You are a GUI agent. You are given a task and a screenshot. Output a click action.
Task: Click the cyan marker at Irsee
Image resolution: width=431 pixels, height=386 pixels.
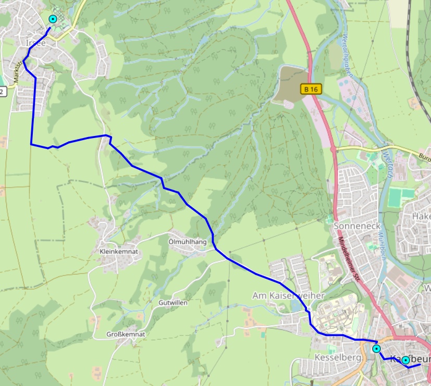click(x=53, y=19)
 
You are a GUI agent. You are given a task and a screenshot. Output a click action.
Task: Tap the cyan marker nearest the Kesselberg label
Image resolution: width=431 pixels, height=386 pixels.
click(x=376, y=348)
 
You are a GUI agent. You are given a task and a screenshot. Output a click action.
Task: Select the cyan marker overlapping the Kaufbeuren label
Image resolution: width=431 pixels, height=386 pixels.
click(x=405, y=360)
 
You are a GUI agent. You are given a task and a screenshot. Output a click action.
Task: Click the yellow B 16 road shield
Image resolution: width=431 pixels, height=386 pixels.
click(x=311, y=89)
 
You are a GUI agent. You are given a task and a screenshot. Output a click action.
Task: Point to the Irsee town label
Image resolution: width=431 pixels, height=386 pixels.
click(x=35, y=43)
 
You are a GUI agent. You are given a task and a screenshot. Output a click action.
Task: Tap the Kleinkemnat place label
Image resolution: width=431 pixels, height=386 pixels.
click(x=118, y=252)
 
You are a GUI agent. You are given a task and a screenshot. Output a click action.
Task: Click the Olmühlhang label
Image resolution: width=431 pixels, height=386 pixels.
click(x=188, y=242)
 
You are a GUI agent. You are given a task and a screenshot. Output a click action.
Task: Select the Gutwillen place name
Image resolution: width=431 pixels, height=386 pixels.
click(x=173, y=302)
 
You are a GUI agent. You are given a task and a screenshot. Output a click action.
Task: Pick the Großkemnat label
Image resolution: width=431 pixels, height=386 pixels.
click(x=125, y=334)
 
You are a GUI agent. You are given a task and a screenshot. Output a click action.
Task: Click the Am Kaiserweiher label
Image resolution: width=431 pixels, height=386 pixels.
click(x=288, y=295)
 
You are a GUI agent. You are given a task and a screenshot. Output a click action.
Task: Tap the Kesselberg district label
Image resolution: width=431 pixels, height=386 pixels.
click(x=331, y=358)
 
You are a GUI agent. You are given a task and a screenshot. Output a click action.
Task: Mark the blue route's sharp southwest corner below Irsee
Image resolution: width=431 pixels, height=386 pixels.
click(x=31, y=144)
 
